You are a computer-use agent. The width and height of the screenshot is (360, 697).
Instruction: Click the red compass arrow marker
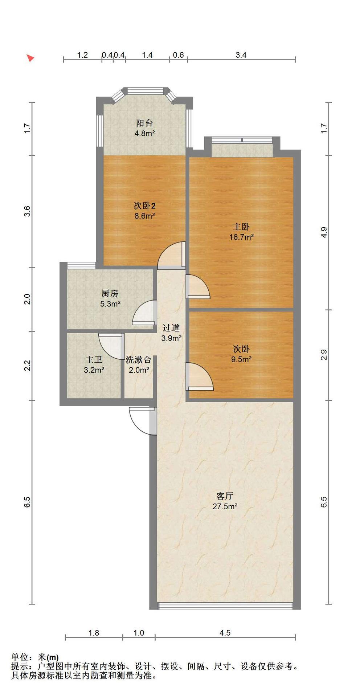pos(30,58)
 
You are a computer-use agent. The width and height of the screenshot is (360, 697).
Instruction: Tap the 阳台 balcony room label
pos(144,123)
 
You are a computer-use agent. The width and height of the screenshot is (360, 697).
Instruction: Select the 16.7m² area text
pos(241,237)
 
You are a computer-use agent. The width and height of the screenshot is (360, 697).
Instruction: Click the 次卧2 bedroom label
pos(144,206)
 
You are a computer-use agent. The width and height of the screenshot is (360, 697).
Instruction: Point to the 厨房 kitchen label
pos(110,293)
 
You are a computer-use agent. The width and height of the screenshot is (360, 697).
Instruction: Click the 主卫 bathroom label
pos(94,360)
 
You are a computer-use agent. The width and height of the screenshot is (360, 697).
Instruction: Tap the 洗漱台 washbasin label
pos(138,360)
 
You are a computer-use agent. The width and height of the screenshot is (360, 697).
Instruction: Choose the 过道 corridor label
pos(171,328)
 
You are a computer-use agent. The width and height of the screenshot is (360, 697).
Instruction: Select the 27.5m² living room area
pos(225,506)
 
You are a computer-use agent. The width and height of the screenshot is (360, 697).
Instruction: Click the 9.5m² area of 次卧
pos(241,359)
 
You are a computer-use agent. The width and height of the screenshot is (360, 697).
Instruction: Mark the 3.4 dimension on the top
pos(241,55)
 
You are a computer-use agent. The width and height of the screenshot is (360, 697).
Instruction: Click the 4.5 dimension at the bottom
pos(225,633)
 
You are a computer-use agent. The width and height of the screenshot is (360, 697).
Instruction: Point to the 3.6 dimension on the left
pos(27,211)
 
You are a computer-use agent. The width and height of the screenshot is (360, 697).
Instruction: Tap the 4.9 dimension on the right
pos(324,232)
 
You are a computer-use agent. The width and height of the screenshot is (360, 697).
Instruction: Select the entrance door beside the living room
pos(143,420)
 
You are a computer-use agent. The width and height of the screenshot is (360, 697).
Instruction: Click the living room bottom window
pos(225,606)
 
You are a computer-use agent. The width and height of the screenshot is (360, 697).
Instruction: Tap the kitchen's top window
pos(81,265)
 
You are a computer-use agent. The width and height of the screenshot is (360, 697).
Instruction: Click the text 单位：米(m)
pos(35,657)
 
